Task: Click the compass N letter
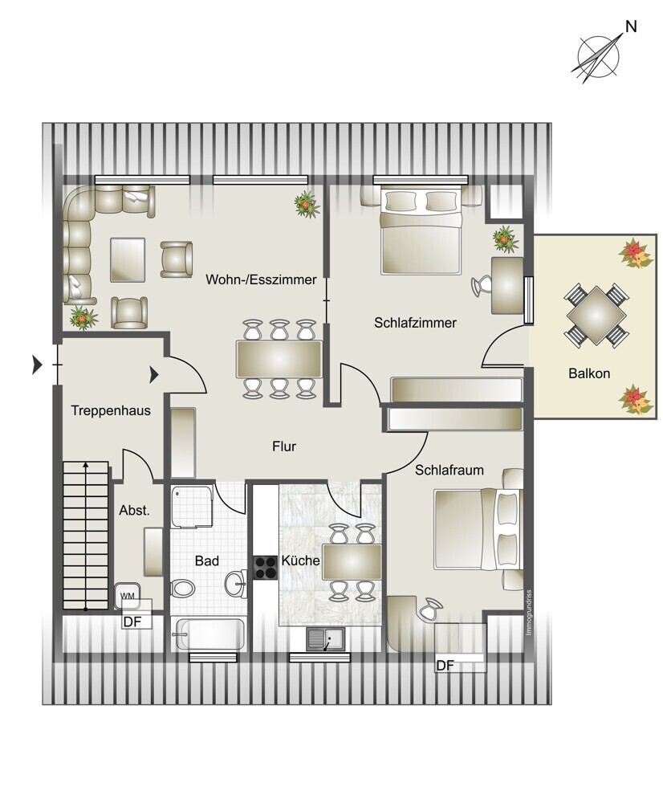coord(631,26)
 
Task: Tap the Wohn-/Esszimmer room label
coord(261,279)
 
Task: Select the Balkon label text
coord(589,373)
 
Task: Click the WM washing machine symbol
coord(128,596)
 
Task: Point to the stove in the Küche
coord(265,568)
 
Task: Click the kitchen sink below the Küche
coord(326,638)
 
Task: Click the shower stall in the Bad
coord(192,507)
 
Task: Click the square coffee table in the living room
coord(128,259)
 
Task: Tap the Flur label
coord(284,446)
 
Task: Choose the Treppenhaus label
coord(111,410)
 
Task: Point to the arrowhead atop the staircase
coord(86,464)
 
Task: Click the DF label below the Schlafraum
coord(445,665)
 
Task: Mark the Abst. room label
coord(134,510)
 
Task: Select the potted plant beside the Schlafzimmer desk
coord(506,238)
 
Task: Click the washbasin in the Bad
coord(236,583)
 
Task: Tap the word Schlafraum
coord(449,470)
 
